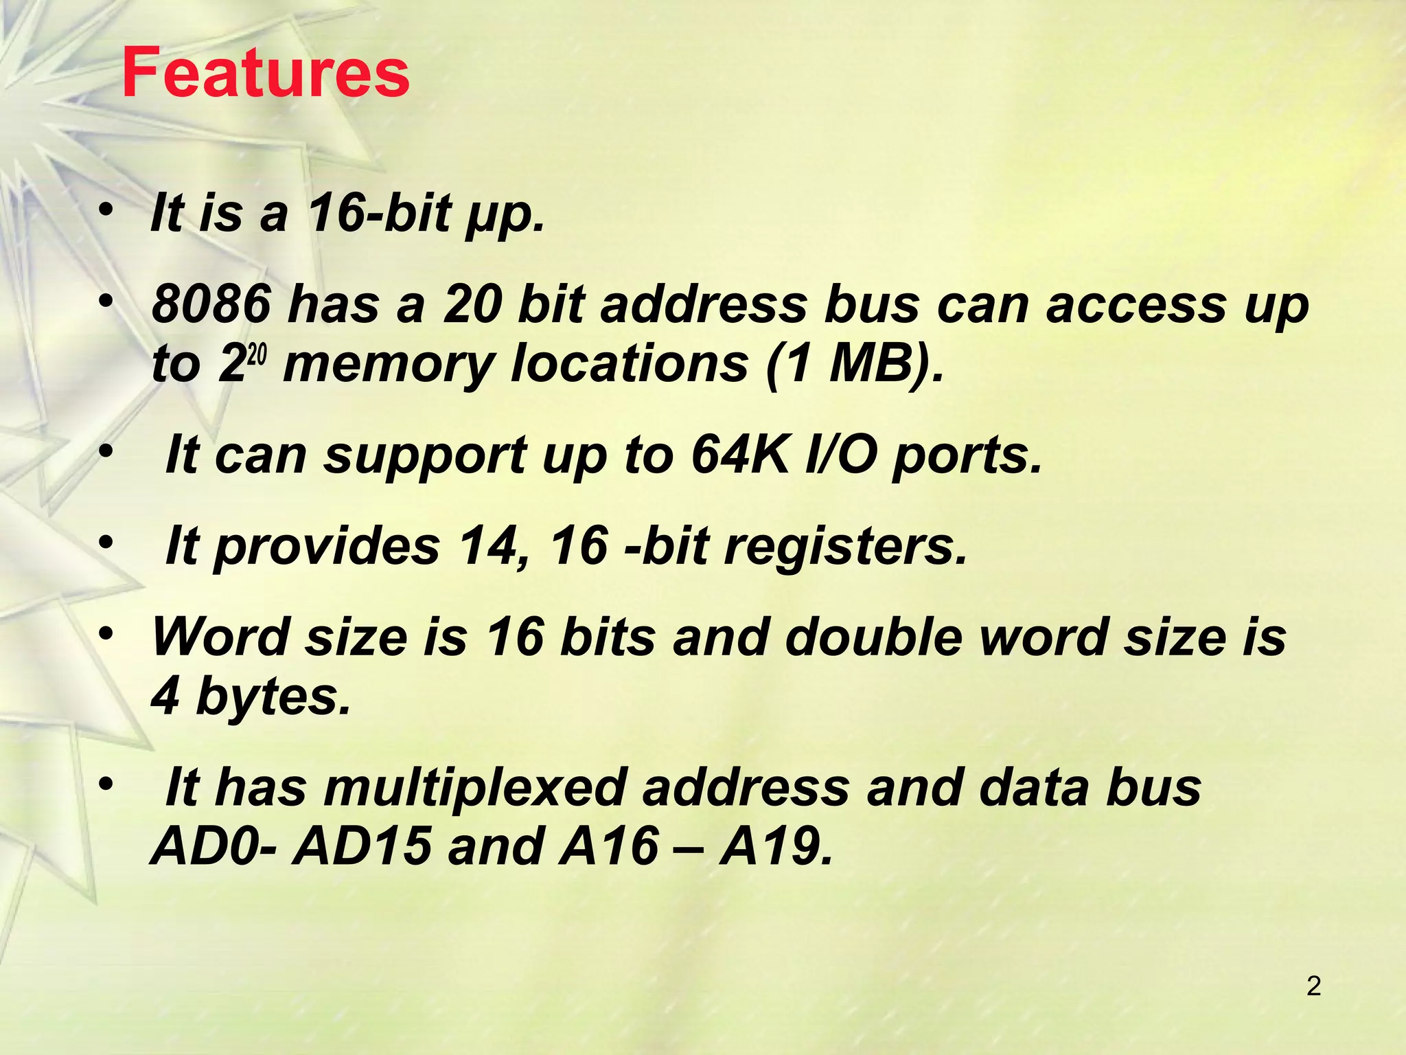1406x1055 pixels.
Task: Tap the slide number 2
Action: click(x=1313, y=986)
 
